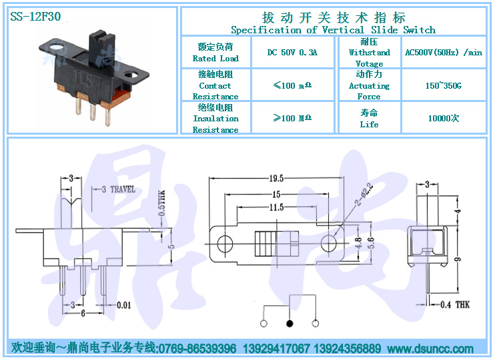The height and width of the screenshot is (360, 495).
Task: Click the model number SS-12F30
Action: (x=35, y=17)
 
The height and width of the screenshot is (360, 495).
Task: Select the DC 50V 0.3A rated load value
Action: (x=292, y=53)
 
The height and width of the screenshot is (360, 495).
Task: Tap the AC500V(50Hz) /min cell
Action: (x=444, y=53)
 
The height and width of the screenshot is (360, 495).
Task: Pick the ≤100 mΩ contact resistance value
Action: (x=292, y=85)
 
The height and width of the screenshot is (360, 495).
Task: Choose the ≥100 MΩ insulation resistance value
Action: (x=292, y=118)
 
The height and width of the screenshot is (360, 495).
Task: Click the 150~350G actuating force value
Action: (x=444, y=85)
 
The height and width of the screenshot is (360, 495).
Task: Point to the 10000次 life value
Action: (x=444, y=118)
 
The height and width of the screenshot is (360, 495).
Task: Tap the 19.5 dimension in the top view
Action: (x=276, y=179)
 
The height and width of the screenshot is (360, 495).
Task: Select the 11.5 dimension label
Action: (x=277, y=207)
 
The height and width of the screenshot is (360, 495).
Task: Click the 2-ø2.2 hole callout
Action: (x=365, y=195)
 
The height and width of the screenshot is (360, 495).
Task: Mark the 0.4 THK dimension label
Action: (x=455, y=305)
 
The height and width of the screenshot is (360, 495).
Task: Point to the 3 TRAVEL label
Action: (x=118, y=189)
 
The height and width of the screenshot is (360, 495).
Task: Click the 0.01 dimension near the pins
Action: (x=124, y=305)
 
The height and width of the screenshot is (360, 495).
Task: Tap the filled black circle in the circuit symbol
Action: (x=290, y=323)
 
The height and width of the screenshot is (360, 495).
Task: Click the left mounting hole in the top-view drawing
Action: (x=225, y=244)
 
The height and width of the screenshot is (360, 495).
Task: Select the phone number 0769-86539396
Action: (x=197, y=349)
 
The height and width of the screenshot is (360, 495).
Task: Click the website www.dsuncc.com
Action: (x=430, y=349)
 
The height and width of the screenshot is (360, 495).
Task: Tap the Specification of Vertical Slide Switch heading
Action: (x=334, y=30)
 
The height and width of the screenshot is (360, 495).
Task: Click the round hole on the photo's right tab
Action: (x=131, y=75)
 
